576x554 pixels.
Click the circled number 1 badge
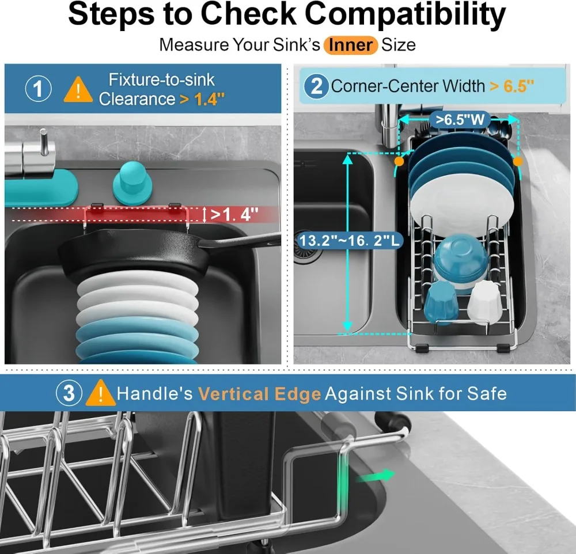38,89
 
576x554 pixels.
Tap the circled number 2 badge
316,86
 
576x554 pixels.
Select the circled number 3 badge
69,393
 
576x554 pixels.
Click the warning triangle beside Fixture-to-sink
78,89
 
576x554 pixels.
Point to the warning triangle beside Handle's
100,393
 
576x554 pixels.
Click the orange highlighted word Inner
350,45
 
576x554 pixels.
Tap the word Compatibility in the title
405,14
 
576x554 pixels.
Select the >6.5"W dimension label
460,119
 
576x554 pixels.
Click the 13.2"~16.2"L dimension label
349,241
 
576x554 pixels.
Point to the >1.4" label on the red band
234,214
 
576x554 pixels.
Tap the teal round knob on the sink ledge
132,183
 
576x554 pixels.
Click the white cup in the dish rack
485,301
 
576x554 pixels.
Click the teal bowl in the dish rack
461,261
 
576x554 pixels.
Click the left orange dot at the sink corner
399,161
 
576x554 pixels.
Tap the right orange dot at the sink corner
518,161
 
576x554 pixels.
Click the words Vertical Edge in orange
260,394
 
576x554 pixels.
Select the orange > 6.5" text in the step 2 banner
511,86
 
